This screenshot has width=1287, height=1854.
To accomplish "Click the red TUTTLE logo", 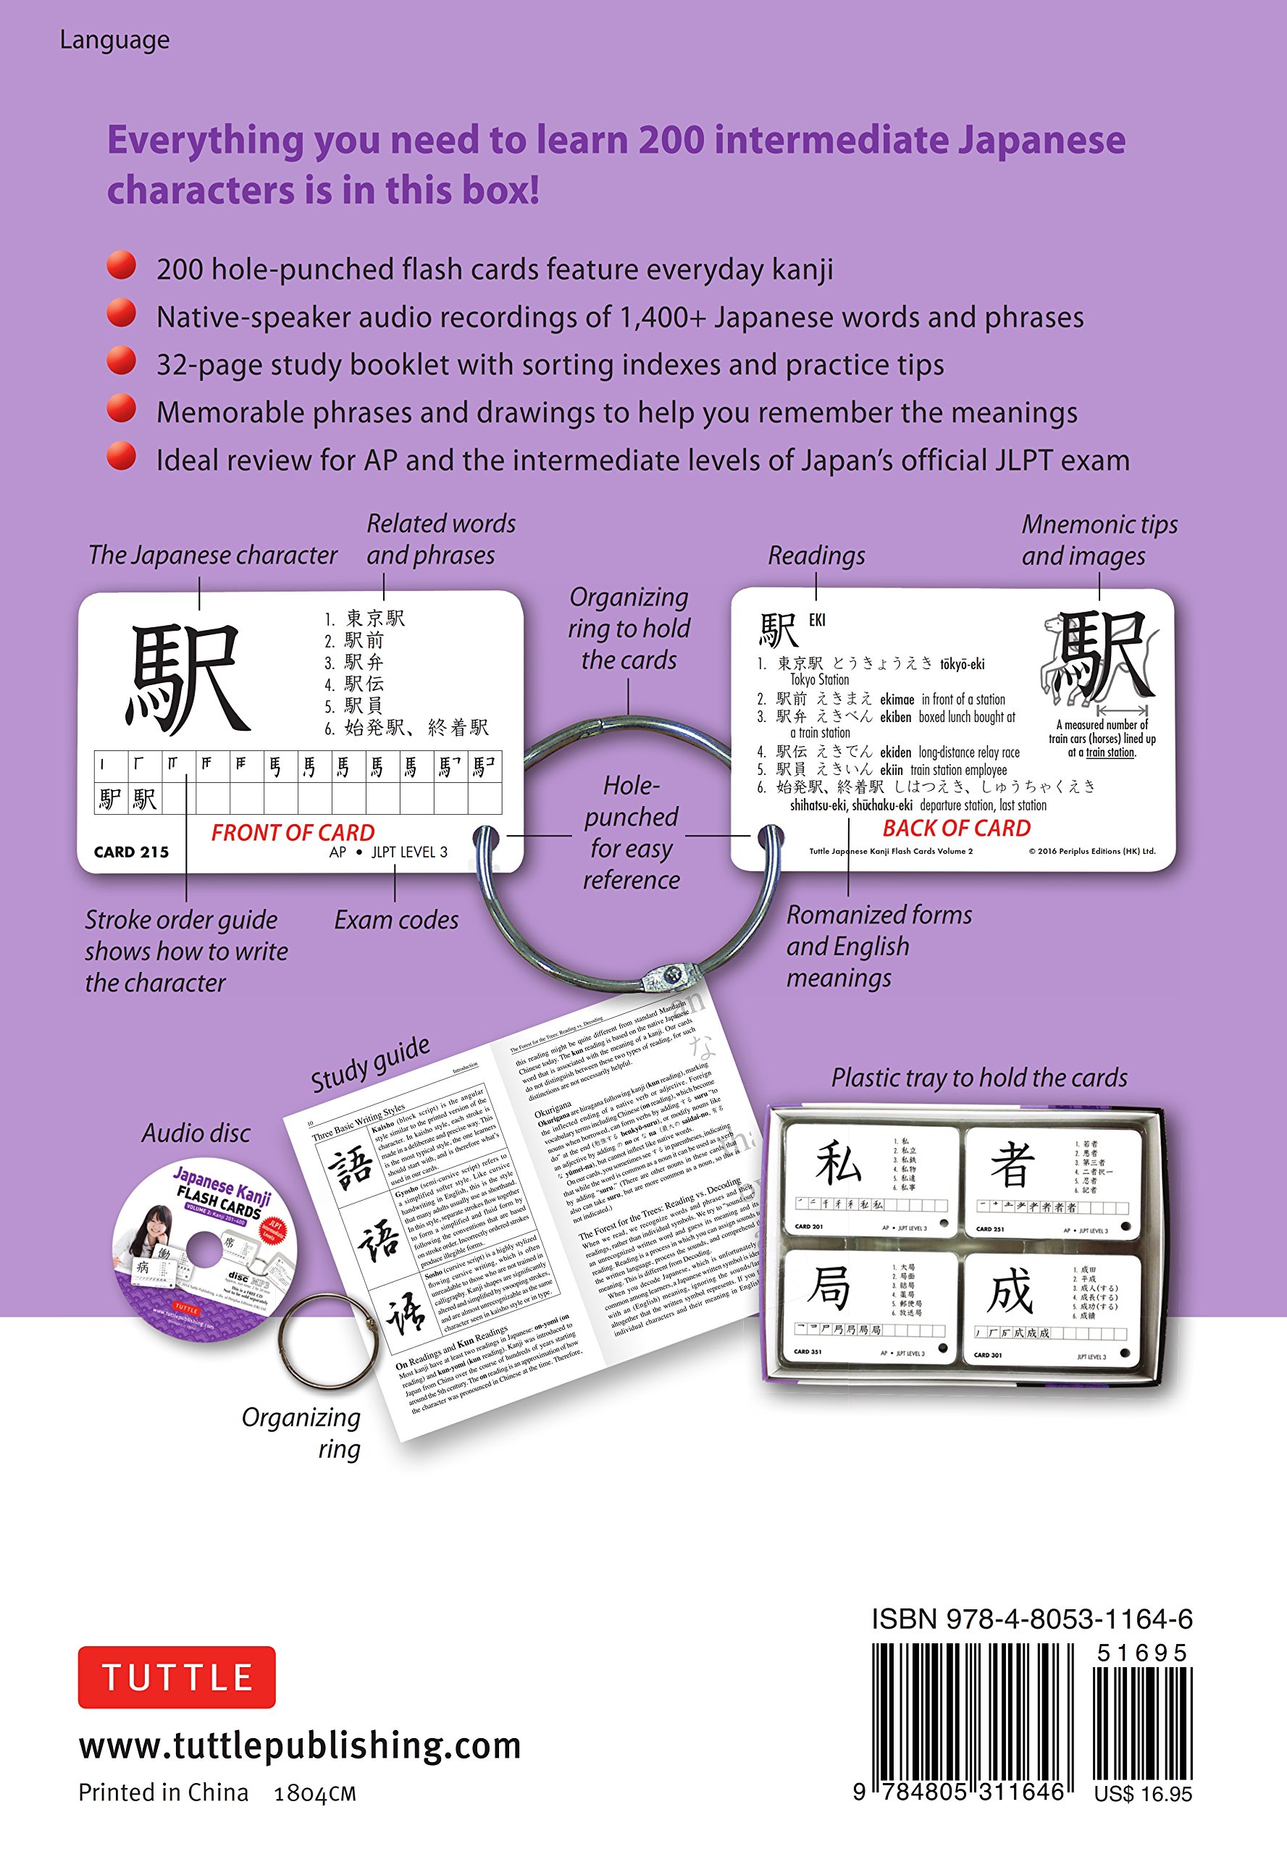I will (x=177, y=1677).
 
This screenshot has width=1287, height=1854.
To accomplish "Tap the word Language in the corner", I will (x=114, y=41).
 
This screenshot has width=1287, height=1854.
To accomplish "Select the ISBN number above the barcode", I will (x=1031, y=1619).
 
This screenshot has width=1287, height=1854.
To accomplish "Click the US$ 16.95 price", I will (x=1142, y=1793).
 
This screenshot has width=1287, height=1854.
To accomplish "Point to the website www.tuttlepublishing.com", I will (x=300, y=1746).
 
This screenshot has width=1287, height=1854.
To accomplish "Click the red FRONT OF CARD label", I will (x=293, y=832).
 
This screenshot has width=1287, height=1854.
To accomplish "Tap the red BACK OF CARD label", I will (x=957, y=829).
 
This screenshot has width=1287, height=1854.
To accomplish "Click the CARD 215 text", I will (x=131, y=852).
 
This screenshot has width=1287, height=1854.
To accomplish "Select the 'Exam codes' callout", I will (x=396, y=920).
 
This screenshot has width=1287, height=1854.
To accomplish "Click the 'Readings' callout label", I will (x=816, y=555).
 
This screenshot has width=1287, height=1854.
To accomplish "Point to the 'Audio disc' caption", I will (x=196, y=1133).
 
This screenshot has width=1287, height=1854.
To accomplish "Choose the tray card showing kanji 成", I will (x=1052, y=1309).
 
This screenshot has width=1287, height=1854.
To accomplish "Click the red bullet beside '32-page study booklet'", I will (x=122, y=361).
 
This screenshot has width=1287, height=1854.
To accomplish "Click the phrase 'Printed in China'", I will (x=163, y=1792).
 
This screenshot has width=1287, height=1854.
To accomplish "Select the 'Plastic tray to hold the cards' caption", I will (x=979, y=1078).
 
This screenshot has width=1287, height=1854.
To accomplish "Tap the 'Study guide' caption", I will (x=370, y=1064).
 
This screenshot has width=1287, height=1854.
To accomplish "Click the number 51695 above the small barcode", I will (x=1141, y=1653).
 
